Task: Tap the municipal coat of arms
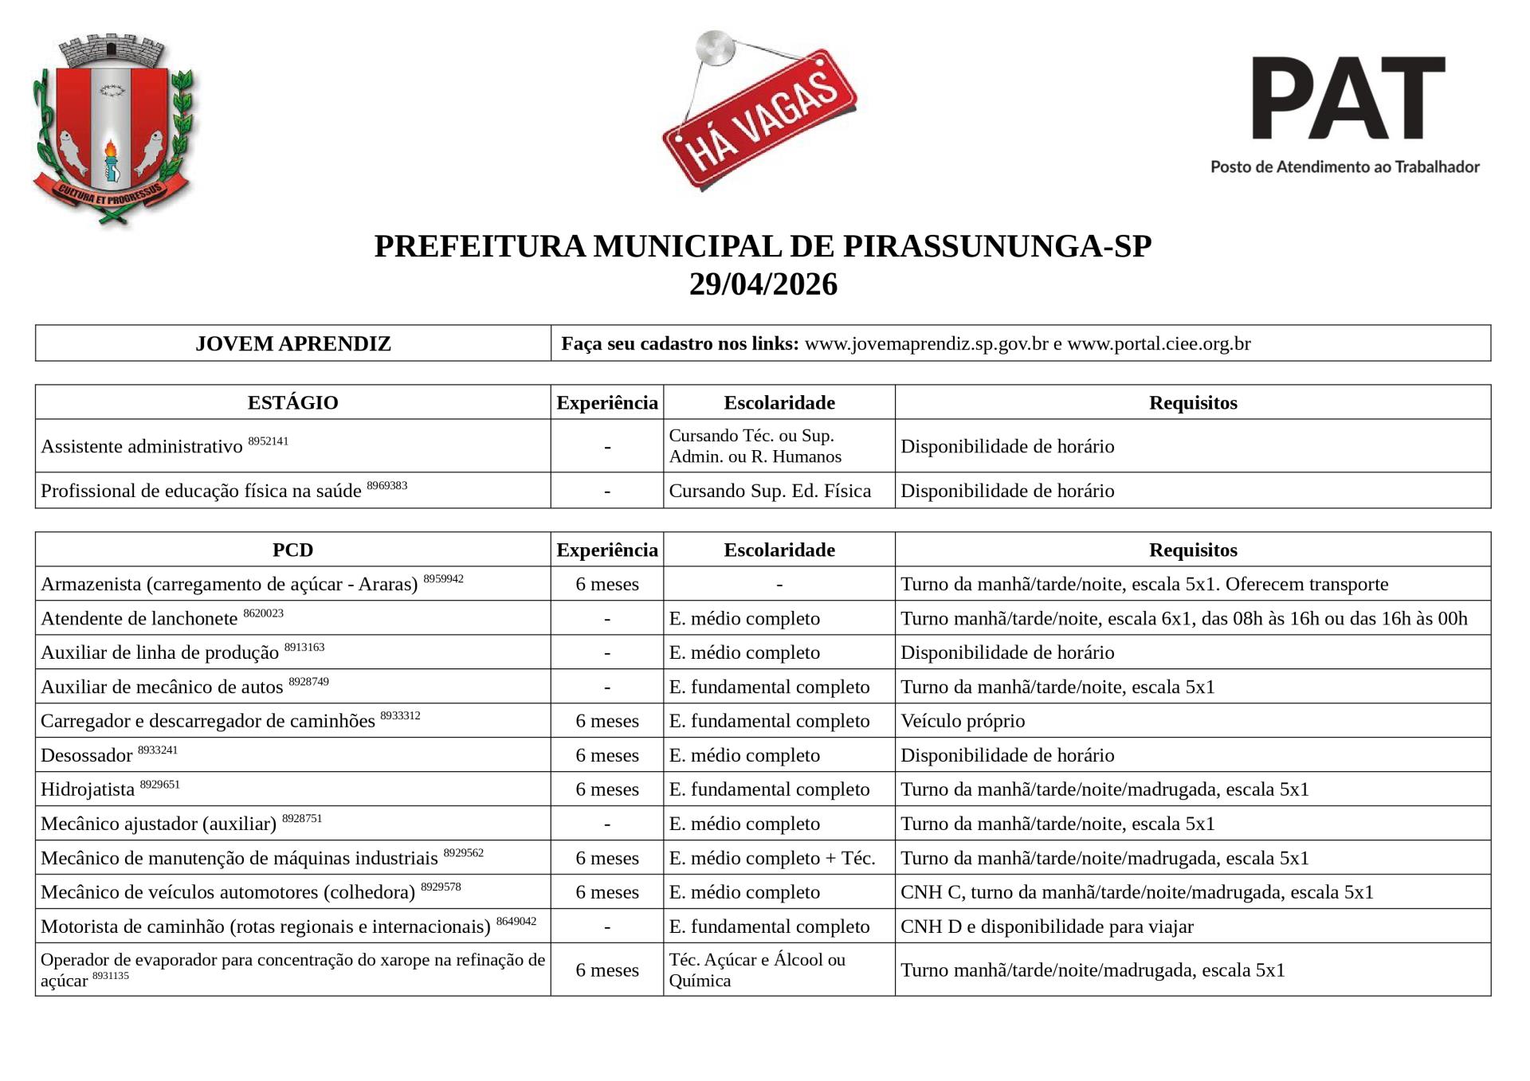(x=113, y=127)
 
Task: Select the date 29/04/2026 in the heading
(x=763, y=284)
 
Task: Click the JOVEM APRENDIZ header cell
(x=292, y=343)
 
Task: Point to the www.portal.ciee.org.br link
(x=1159, y=343)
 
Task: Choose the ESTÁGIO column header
(x=292, y=402)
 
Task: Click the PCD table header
(x=292, y=550)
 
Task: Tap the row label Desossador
(x=87, y=755)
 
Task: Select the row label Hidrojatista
(x=88, y=789)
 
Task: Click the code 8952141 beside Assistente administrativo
(x=268, y=441)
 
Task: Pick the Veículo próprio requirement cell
(x=963, y=721)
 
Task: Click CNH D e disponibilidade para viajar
(x=1046, y=926)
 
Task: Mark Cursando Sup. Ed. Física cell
(x=770, y=491)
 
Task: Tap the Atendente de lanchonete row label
(x=139, y=618)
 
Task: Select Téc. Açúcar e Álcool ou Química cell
(x=757, y=969)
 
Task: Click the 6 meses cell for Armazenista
(x=607, y=584)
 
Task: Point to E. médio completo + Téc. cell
(x=771, y=858)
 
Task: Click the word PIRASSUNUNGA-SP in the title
(x=997, y=246)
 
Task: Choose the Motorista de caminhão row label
(x=265, y=926)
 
